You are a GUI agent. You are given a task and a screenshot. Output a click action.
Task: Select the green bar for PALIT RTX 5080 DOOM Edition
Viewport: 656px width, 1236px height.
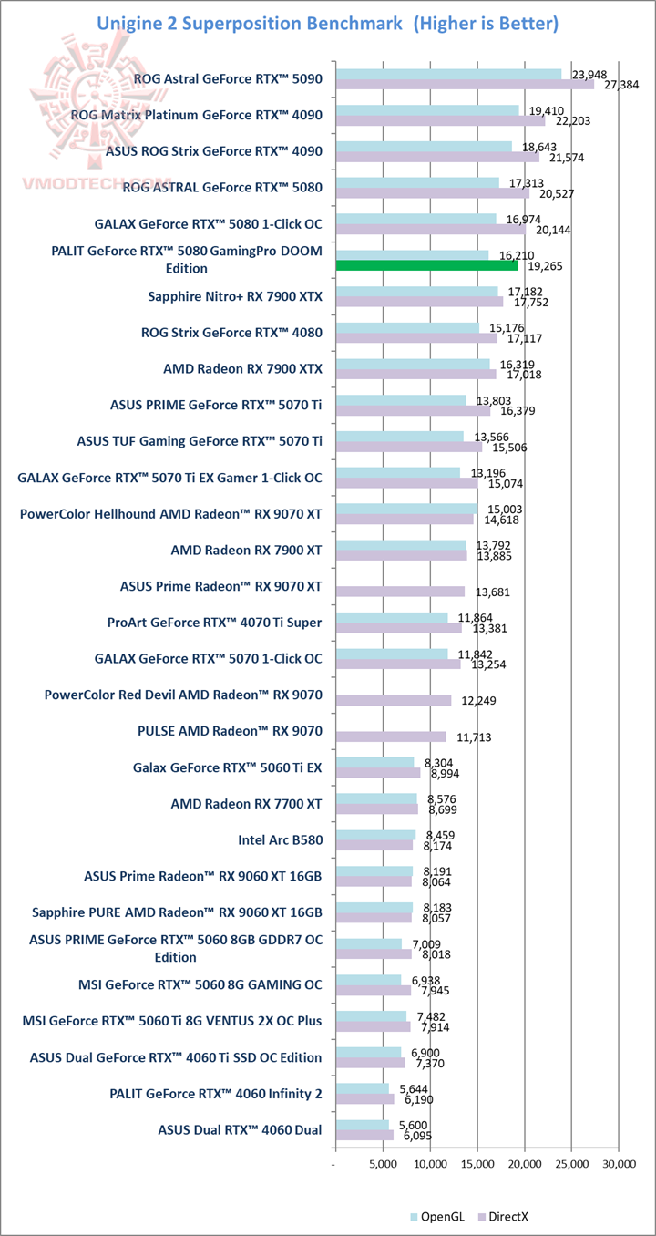pyautogui.click(x=426, y=265)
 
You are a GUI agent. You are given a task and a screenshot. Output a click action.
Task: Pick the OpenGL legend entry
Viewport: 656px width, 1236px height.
pyautogui.click(x=441, y=1217)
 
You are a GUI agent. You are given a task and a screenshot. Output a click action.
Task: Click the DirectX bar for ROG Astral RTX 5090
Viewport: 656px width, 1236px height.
pyautogui.click(x=465, y=84)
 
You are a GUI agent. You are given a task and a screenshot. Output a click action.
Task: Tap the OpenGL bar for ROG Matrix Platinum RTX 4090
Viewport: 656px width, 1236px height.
pyautogui.click(x=426, y=110)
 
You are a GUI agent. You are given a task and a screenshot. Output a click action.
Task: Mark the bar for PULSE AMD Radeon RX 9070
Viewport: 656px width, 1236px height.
pyautogui.click(x=391, y=736)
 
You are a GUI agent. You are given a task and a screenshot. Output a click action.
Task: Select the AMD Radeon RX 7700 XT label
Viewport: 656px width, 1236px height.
pyautogui.click(x=246, y=804)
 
